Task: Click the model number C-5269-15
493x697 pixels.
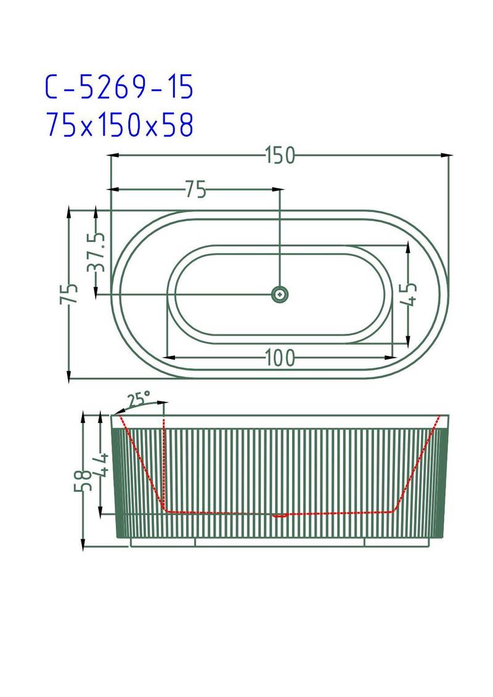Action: pyautogui.click(x=120, y=87)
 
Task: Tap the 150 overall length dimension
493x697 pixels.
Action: pyautogui.click(x=280, y=156)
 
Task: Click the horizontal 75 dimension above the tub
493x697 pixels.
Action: pyautogui.click(x=196, y=190)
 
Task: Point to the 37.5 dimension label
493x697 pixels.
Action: pyautogui.click(x=96, y=252)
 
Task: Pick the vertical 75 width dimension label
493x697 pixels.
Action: pyautogui.click(x=69, y=293)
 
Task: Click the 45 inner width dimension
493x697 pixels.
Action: pyautogui.click(x=409, y=294)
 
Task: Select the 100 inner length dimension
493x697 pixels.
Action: pyautogui.click(x=280, y=357)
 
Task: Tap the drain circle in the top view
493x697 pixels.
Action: pyautogui.click(x=280, y=294)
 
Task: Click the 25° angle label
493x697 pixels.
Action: pyautogui.click(x=139, y=399)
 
